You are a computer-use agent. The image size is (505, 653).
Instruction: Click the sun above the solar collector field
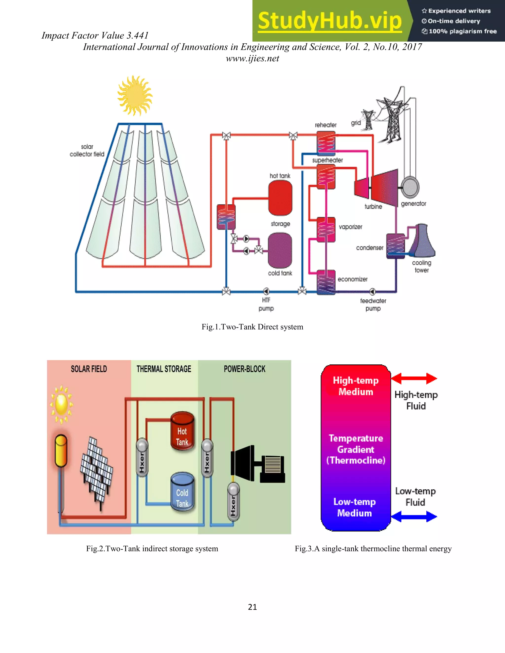pos(135,95)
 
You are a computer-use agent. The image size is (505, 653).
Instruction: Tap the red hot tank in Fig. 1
pos(280,198)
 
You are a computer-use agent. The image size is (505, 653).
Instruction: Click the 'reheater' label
pos(325,125)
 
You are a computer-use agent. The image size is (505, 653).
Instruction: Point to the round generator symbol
pos(410,187)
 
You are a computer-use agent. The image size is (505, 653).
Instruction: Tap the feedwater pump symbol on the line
pos(372,291)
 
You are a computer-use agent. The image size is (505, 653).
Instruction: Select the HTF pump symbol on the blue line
pos(266,291)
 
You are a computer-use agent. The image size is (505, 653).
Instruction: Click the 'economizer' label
pos(352,279)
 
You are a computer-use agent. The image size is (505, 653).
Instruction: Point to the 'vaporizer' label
pos(350,227)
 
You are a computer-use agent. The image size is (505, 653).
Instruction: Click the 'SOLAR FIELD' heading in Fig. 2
pos(89,369)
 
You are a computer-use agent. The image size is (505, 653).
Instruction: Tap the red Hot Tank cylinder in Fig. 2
pos(182,431)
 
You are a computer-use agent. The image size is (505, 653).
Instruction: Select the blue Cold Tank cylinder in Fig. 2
pos(182,492)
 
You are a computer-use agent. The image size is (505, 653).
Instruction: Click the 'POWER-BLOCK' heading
pos(244,369)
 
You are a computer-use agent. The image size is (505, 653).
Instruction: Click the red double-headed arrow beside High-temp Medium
pos(414,378)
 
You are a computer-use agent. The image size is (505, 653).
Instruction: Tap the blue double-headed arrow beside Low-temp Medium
pos(414,516)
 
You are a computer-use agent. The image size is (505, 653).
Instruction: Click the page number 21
pos(252,607)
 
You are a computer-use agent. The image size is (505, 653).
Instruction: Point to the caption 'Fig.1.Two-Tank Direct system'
pos(252,327)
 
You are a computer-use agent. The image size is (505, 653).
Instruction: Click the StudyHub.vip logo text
pos(329,21)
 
